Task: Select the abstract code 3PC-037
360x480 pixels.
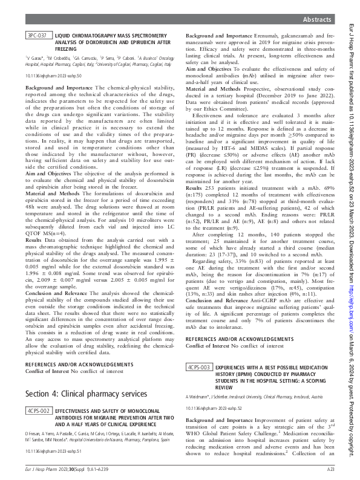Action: pos(39,37)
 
